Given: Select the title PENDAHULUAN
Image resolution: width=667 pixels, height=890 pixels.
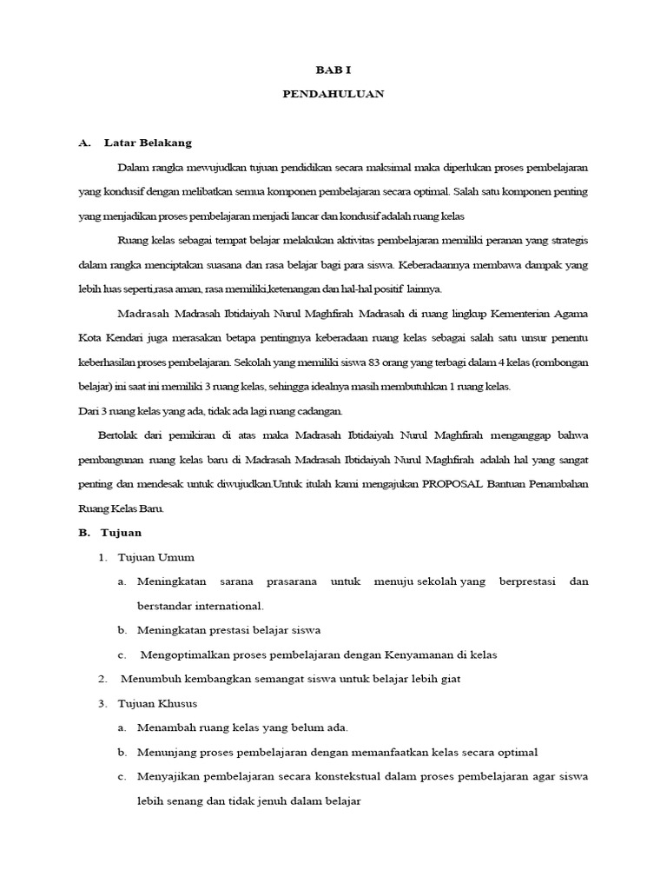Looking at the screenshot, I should point(333,94).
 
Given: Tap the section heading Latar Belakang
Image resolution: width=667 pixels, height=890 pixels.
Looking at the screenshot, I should point(148,142).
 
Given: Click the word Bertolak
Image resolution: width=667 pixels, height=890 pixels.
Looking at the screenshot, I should point(123,434).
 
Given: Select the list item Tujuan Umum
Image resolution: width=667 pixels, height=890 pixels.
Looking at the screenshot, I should point(158,556).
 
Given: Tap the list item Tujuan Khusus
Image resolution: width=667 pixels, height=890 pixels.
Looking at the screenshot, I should point(161,702).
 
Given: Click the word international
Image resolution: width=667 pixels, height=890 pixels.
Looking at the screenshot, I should point(223,605).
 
